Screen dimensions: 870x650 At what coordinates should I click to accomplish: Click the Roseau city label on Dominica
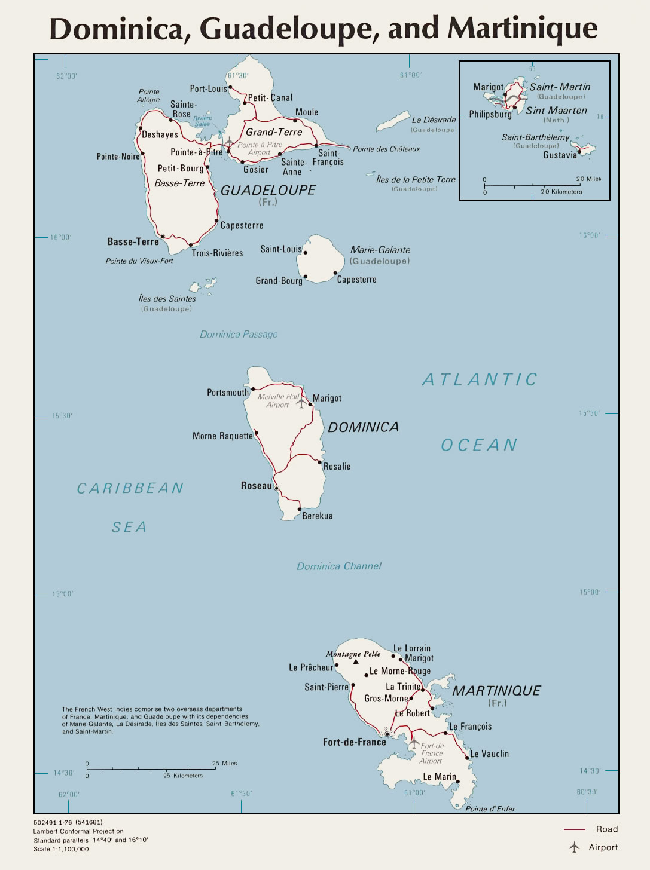[256, 486]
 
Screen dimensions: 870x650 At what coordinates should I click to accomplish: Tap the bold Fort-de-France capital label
[354, 742]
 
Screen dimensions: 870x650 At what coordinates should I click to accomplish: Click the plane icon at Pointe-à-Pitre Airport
[228, 142]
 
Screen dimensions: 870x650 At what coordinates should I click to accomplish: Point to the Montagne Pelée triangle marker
[356, 662]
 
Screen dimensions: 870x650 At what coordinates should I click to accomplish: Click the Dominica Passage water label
[239, 334]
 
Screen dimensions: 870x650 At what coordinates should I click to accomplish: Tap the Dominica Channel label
[338, 566]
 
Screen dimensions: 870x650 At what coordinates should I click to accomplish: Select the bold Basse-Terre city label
[133, 242]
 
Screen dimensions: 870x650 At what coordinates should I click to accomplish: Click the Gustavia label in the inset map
[560, 155]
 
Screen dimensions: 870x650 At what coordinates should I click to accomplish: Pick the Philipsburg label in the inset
[490, 114]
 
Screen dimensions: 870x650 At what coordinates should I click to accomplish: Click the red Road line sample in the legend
[574, 829]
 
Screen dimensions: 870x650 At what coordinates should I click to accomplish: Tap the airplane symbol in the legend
[575, 847]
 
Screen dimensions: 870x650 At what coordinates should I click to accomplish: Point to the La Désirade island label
[434, 120]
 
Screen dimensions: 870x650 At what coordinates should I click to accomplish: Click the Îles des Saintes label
[167, 299]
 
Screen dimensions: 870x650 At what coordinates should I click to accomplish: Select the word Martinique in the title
[522, 28]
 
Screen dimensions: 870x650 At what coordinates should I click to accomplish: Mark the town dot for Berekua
[300, 510]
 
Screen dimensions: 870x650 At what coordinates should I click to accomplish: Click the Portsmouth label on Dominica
[227, 393]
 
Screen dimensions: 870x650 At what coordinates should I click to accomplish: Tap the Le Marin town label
[440, 777]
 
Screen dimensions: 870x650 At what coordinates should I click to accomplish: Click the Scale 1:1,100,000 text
[61, 849]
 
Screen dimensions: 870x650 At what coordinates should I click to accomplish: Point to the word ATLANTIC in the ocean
[480, 379]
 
